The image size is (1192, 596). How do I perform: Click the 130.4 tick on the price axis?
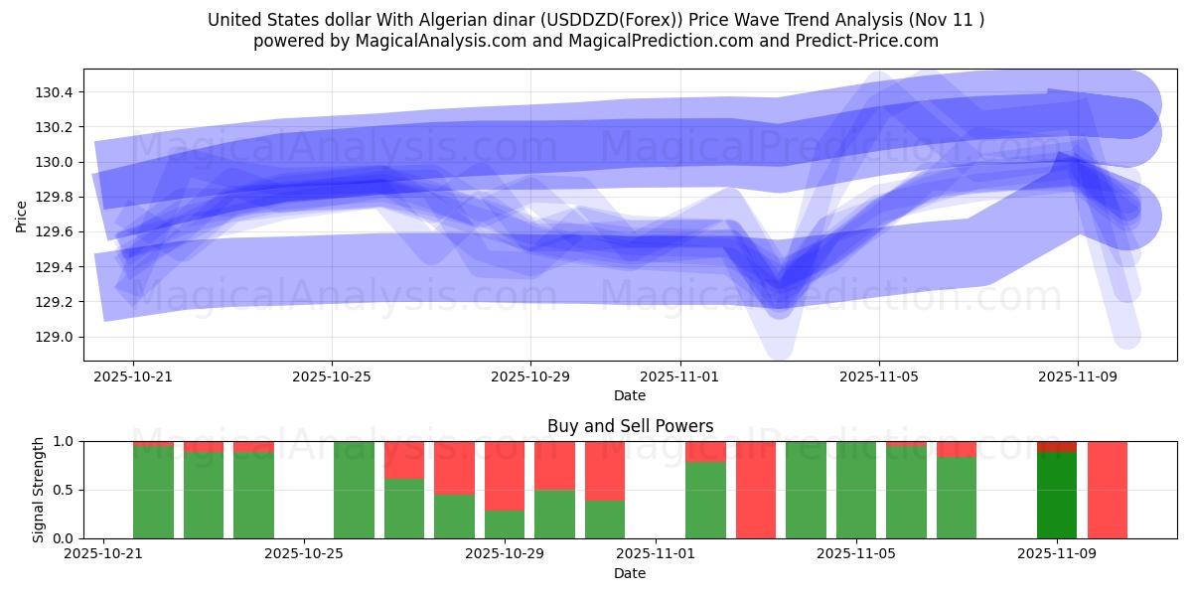54,92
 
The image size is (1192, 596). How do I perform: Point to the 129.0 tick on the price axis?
54,337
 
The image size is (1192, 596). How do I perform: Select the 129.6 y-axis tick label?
54,232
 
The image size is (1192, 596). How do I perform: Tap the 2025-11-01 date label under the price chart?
679,377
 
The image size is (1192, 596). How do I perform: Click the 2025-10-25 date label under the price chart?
332,377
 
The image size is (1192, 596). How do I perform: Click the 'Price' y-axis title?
22,215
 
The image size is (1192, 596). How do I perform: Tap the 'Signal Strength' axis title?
39,490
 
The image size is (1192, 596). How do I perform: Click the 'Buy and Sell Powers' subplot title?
630,426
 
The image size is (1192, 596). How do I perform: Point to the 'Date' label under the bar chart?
630,573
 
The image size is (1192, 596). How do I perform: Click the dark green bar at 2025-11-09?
1057,495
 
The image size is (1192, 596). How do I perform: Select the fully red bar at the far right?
1108,490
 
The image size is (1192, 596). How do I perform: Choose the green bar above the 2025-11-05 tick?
855,490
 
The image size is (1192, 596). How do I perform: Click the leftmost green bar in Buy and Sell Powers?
153,492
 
